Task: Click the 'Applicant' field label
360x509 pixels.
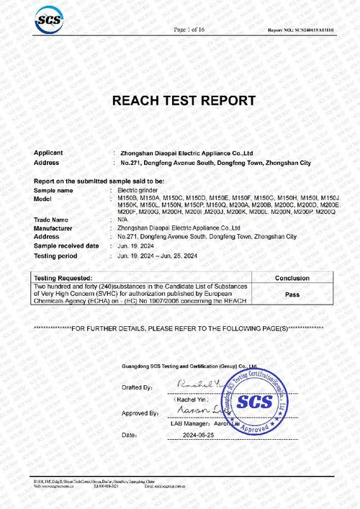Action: click(x=48, y=153)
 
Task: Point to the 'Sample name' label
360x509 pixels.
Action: click(x=54, y=189)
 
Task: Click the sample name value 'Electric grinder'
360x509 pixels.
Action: click(x=138, y=189)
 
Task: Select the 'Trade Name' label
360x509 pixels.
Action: click(x=50, y=220)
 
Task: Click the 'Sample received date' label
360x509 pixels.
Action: click(x=66, y=246)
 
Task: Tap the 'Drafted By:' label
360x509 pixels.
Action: click(x=138, y=387)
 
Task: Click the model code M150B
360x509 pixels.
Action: click(x=128, y=197)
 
